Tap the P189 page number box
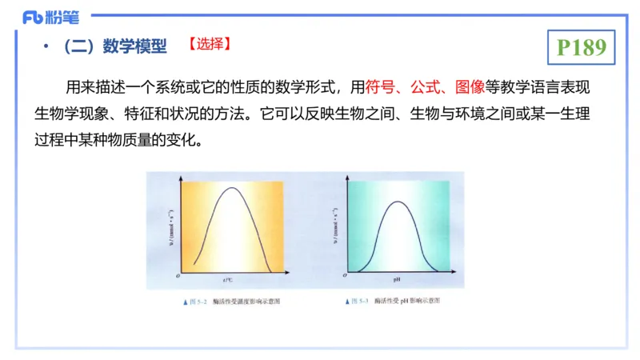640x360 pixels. pyautogui.click(x=581, y=47)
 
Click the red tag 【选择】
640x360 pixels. pyautogui.click(x=210, y=46)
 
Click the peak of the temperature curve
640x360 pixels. pyautogui.click(x=232, y=189)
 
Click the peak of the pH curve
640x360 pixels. pyautogui.click(x=398, y=202)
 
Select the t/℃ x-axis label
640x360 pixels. pyautogui.click(x=228, y=281)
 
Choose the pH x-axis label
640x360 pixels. pyautogui.click(x=397, y=281)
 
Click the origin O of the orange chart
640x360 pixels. pyautogui.click(x=177, y=275)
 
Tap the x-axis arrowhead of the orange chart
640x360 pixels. pyautogui.click(x=285, y=273)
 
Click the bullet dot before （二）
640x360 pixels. pyautogui.click(x=46, y=47)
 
